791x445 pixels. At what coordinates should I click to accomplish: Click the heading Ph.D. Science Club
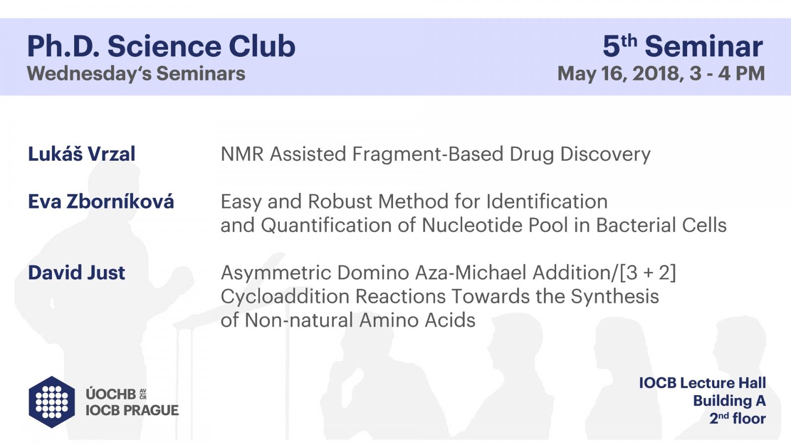(161, 46)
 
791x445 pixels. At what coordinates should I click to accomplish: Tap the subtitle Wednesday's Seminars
(136, 74)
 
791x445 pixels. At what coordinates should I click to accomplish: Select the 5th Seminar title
(683, 46)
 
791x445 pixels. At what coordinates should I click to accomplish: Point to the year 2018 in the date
(656, 74)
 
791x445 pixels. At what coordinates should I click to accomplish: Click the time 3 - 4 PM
(727, 74)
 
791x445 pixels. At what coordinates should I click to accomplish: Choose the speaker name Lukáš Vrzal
(82, 153)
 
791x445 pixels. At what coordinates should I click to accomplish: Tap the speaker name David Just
(77, 272)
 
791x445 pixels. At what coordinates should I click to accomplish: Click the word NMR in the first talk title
(242, 154)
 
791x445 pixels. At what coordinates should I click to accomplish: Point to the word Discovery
(605, 154)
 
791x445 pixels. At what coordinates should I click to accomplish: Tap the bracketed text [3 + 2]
(648, 272)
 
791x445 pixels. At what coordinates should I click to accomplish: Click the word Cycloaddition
(285, 296)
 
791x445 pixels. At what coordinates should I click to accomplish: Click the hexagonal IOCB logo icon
(52, 402)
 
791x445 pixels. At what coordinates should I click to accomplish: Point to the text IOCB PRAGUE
(132, 410)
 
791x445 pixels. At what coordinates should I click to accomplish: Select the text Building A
(729, 401)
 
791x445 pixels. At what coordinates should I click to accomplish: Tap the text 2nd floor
(737, 418)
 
